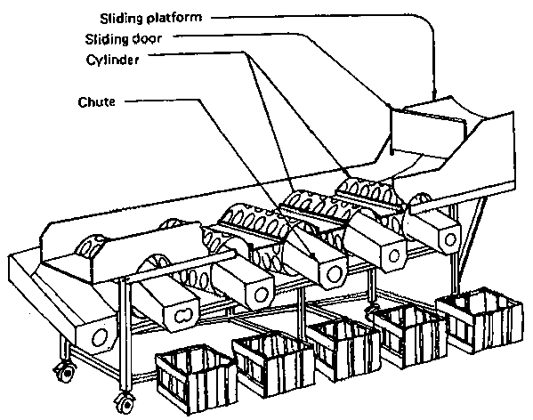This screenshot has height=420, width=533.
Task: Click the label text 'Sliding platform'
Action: [151, 19]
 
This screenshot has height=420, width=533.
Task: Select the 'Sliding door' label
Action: [123, 39]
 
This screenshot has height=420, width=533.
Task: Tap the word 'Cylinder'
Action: [112, 60]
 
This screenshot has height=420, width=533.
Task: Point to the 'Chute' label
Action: [96, 101]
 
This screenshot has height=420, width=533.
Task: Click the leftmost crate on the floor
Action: [197, 378]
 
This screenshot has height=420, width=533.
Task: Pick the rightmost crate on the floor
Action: [480, 319]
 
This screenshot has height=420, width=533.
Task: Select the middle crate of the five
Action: [343, 347]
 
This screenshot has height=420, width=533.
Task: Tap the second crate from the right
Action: [409, 335]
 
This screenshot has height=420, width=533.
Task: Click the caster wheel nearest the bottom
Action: [125, 403]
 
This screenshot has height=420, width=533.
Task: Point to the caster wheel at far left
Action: [64, 372]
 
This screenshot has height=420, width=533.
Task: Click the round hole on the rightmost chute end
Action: [450, 239]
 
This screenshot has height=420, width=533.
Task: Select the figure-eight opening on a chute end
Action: [182, 315]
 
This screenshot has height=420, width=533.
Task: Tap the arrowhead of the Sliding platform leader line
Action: [435, 94]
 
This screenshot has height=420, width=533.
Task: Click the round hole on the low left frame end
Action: [100, 337]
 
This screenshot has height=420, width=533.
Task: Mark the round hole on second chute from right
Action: [394, 255]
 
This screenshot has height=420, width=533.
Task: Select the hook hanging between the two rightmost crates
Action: [368, 311]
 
